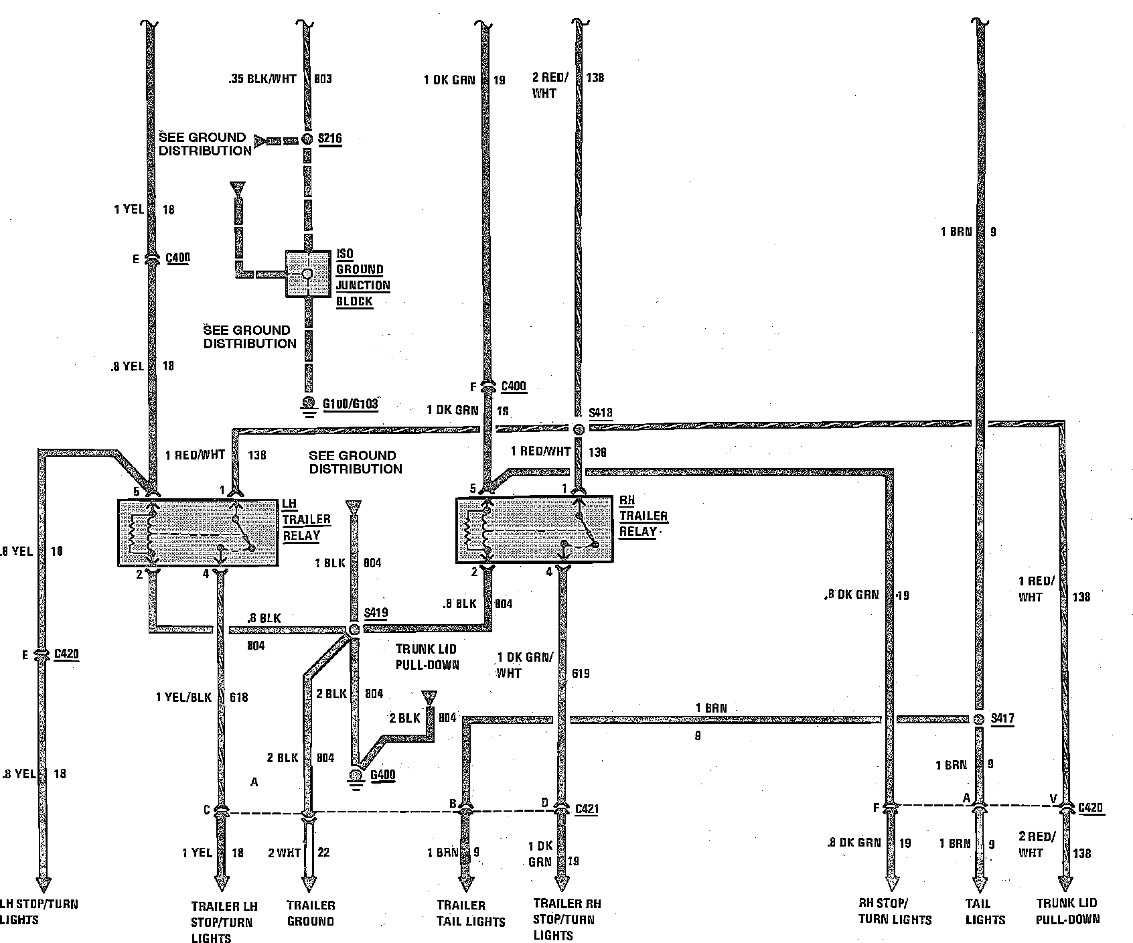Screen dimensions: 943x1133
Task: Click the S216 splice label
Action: [x=329, y=139]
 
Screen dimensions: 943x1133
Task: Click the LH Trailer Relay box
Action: [x=198, y=532]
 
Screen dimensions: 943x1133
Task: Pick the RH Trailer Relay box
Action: [x=534, y=529]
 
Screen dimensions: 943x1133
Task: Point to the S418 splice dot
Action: [x=578, y=429]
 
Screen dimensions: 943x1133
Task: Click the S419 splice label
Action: [x=376, y=613]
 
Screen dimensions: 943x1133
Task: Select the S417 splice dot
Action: [x=978, y=719]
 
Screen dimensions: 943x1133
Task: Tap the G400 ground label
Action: [x=382, y=775]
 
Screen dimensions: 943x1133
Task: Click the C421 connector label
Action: [x=587, y=808]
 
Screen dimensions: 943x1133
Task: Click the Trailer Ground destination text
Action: [x=311, y=913]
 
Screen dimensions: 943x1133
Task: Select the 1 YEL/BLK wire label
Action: [x=183, y=697]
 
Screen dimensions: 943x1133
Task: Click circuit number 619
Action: [x=581, y=673]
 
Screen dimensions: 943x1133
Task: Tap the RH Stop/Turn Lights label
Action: [x=895, y=912]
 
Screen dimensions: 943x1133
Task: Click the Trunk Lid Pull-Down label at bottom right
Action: [x=1067, y=912]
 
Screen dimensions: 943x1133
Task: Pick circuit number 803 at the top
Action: [x=323, y=78]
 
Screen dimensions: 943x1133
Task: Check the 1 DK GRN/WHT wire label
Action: [x=525, y=664]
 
